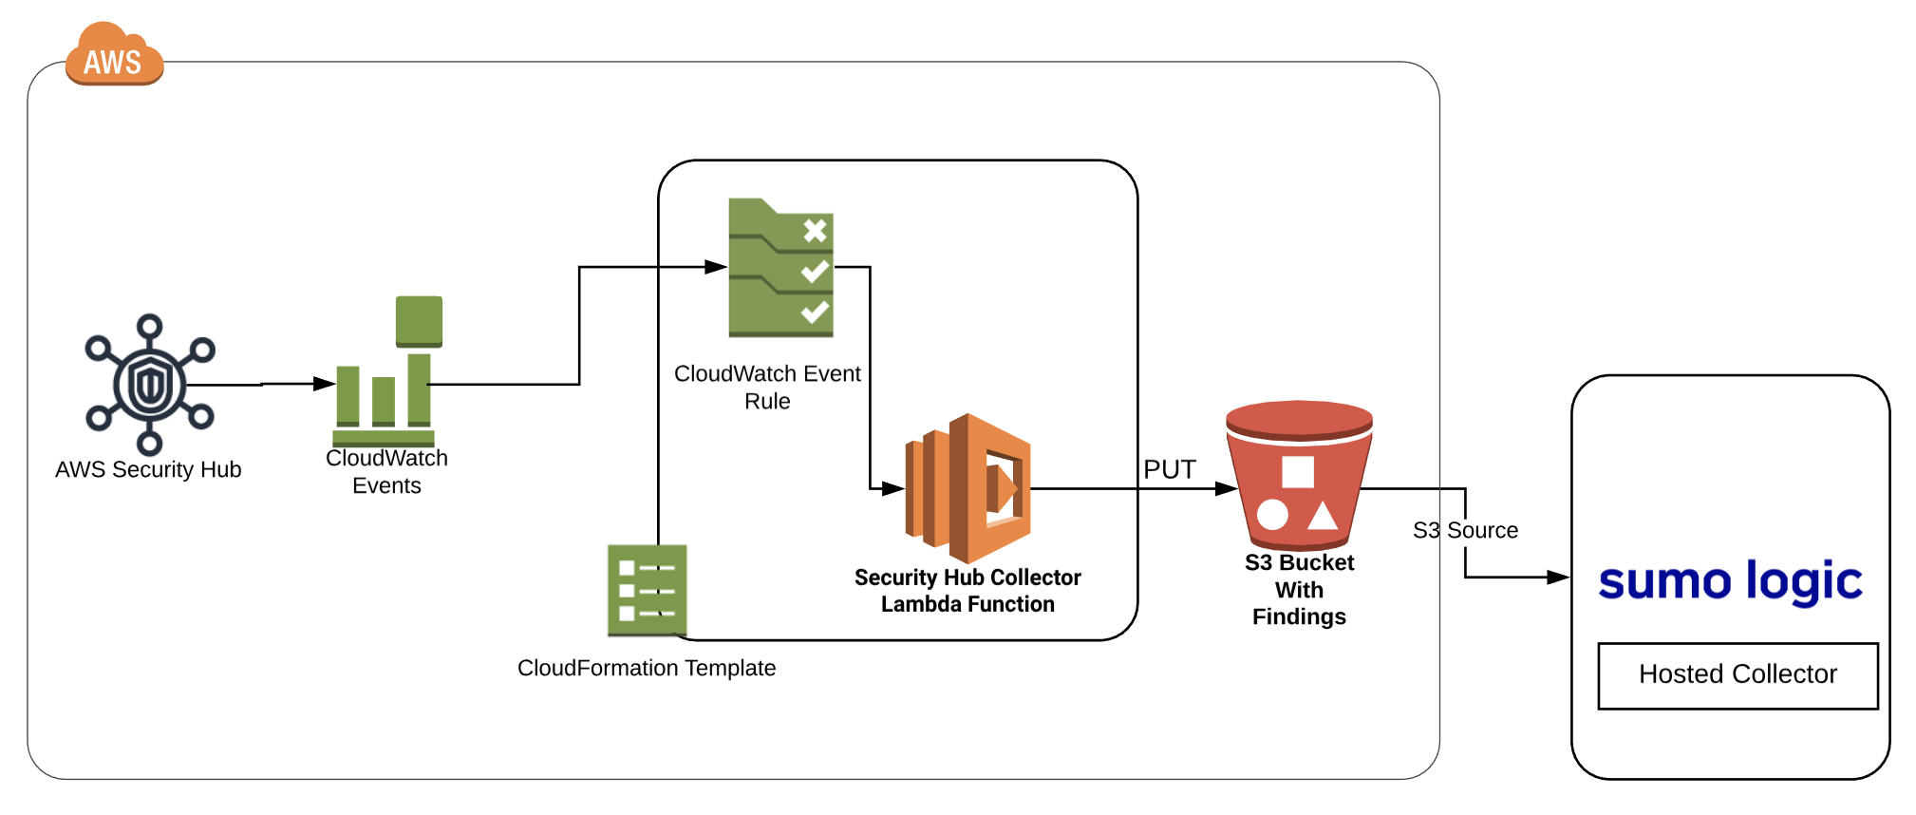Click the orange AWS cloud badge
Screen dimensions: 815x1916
point(114,57)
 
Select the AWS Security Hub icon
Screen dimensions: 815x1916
point(150,384)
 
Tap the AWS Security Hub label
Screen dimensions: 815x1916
point(148,469)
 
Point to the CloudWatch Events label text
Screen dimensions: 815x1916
point(386,472)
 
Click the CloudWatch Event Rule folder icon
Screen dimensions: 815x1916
point(780,268)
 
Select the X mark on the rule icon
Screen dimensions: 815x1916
point(815,230)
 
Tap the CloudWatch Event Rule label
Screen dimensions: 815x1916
point(767,387)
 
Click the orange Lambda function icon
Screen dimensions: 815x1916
point(968,488)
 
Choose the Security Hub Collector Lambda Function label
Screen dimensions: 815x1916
point(967,591)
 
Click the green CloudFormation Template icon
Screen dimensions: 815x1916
point(647,590)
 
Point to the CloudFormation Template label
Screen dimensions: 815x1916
point(647,668)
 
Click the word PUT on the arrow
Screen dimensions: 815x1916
point(1169,469)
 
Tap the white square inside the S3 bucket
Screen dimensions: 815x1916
point(1297,472)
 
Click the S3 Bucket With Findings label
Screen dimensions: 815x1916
point(1299,590)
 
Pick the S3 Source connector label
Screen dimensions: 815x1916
point(1465,530)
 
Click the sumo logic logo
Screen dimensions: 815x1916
point(1730,581)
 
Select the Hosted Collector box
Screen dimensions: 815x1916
point(1738,675)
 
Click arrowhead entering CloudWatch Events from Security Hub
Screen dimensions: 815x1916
point(325,384)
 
